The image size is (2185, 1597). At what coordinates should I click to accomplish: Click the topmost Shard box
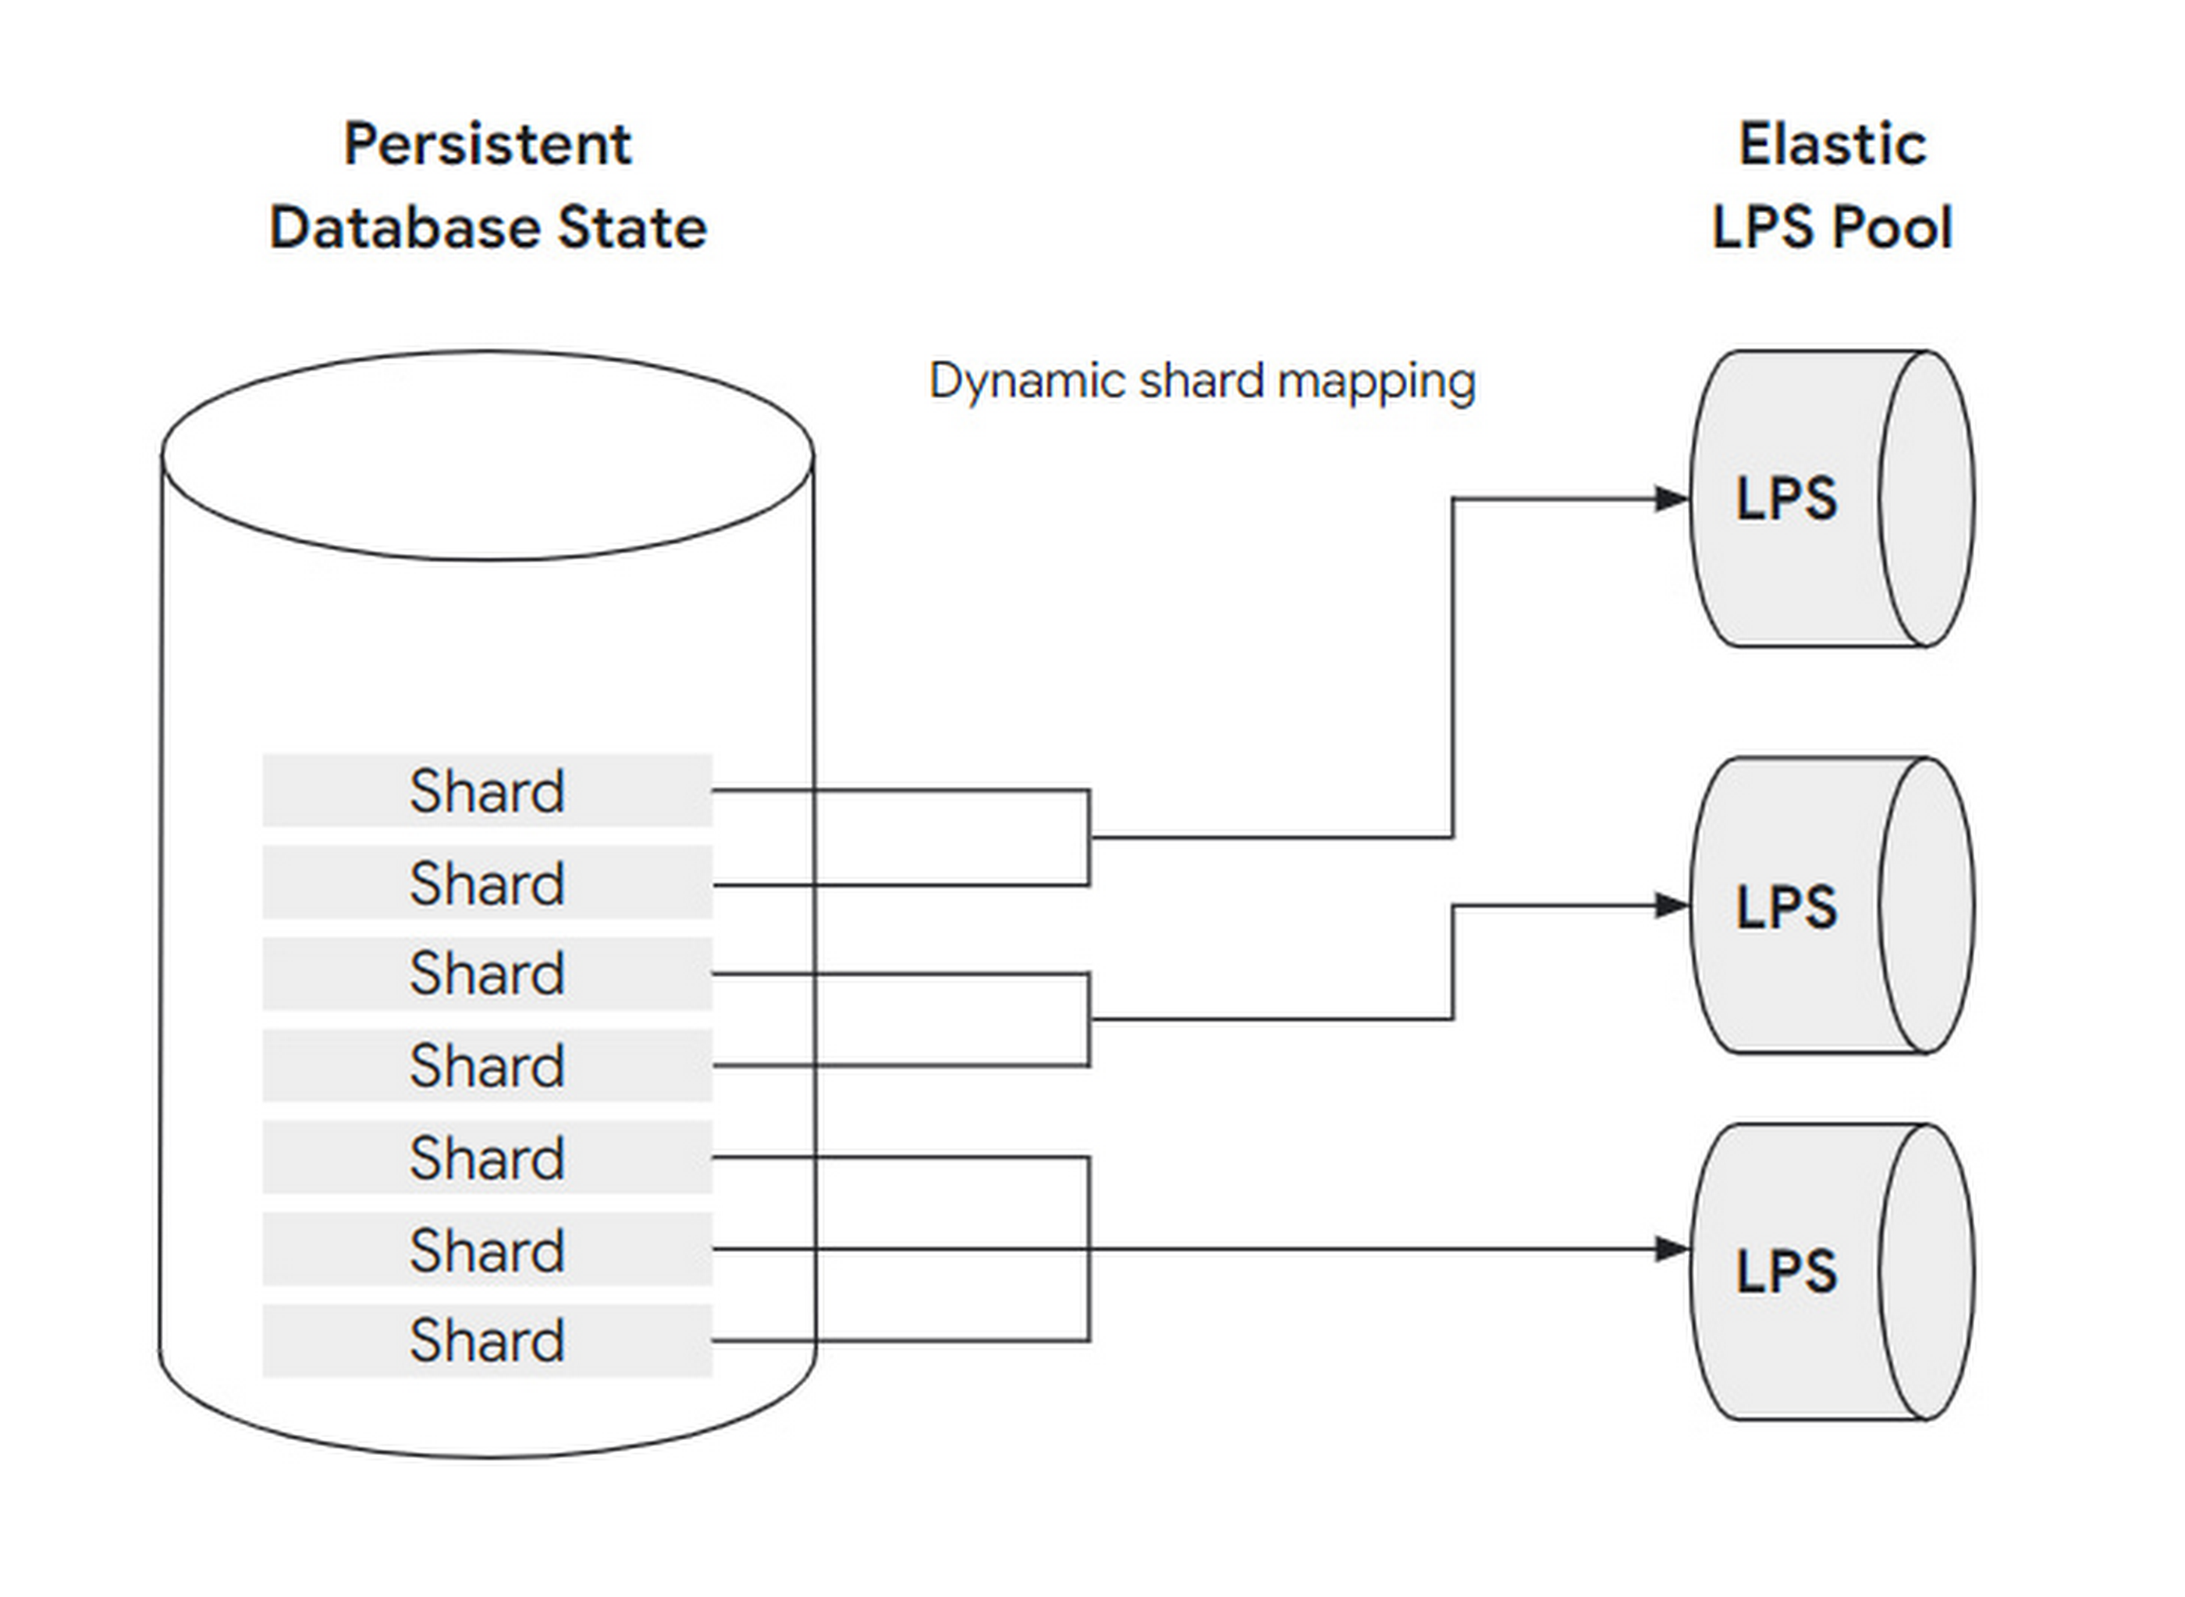(x=487, y=790)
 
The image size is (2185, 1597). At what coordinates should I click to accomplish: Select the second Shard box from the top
(x=487, y=882)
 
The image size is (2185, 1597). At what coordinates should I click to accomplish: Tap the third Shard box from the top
(x=487, y=973)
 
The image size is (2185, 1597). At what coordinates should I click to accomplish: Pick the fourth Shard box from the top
(x=487, y=1065)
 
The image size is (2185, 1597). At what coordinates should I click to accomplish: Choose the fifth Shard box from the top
(x=487, y=1157)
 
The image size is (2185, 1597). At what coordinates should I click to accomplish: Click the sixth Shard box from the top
(x=487, y=1249)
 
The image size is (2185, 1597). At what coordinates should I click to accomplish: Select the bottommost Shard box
(x=487, y=1341)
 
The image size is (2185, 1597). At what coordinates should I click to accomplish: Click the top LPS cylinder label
(x=1786, y=499)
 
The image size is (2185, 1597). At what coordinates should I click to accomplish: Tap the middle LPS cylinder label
(x=1786, y=907)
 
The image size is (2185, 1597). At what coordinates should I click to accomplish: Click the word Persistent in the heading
(x=488, y=144)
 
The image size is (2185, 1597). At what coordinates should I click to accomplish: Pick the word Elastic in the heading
(x=1832, y=144)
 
